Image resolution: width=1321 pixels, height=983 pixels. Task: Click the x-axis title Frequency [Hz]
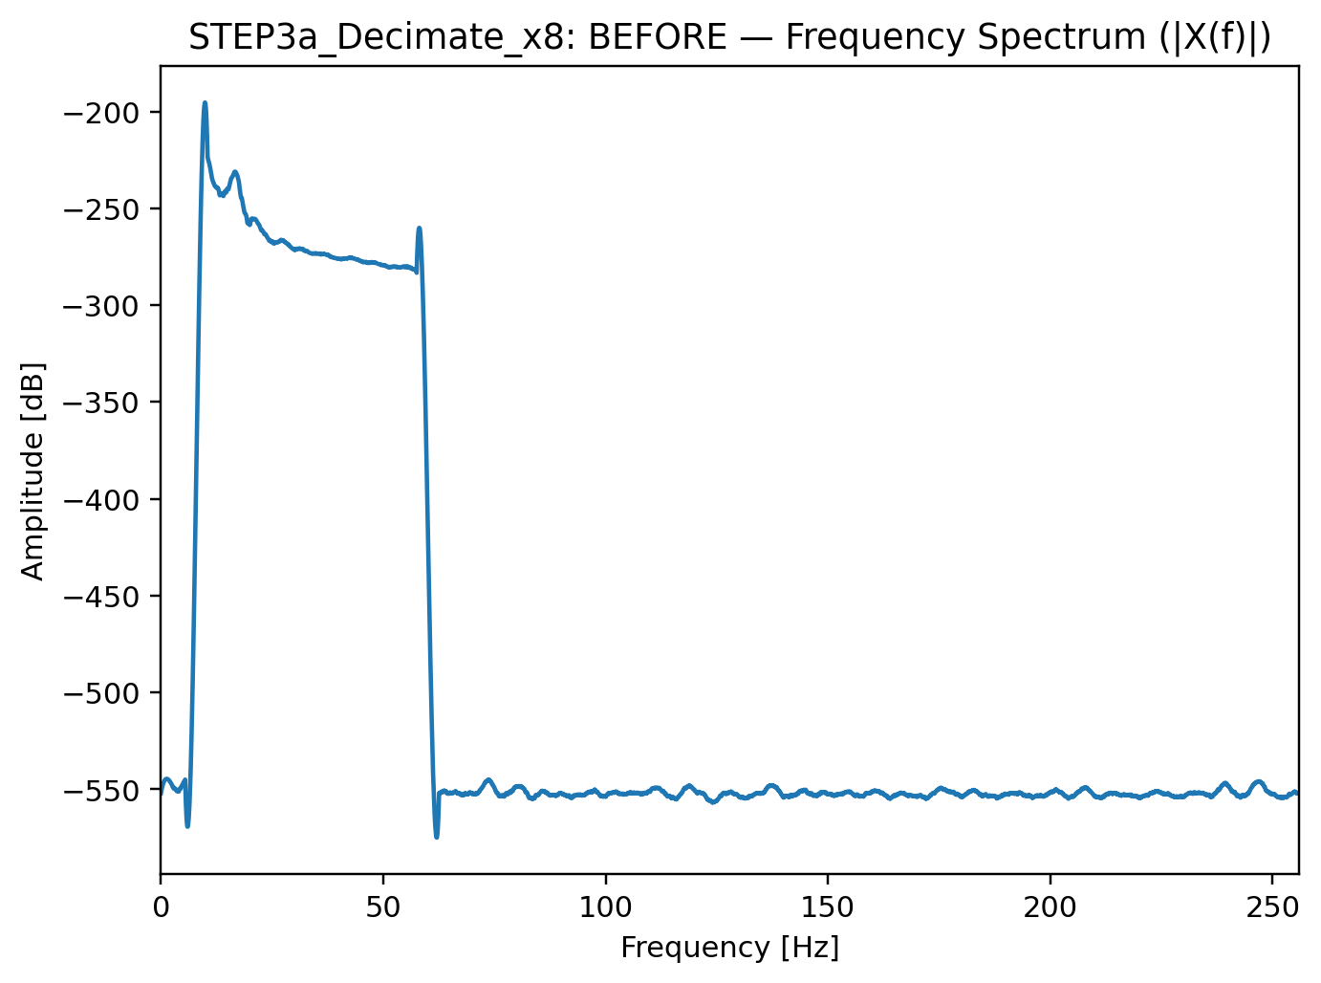729,948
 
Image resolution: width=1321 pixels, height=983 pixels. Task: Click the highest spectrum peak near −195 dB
205,103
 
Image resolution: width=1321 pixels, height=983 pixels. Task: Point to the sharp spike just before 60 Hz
419,229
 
